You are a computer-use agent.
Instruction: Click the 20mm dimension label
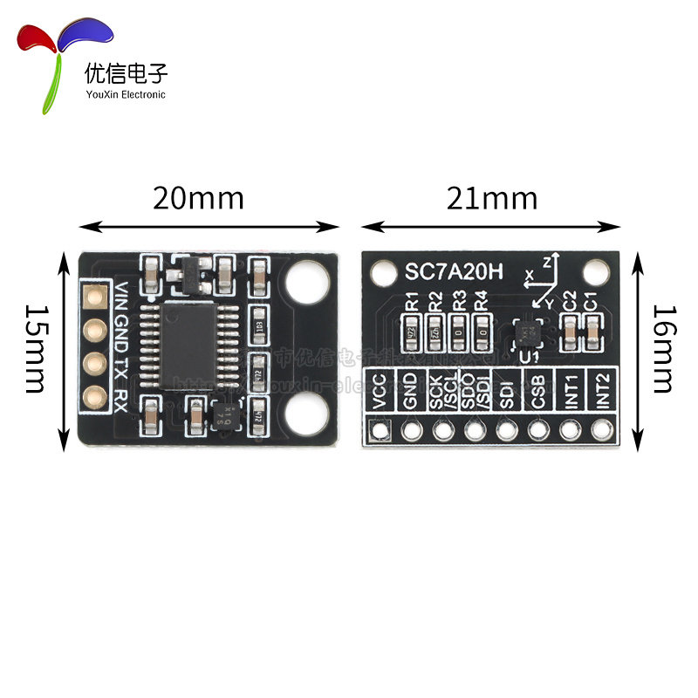point(198,198)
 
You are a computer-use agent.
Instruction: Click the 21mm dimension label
point(492,198)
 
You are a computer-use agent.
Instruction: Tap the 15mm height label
point(34,348)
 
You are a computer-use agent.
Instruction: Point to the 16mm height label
point(663,348)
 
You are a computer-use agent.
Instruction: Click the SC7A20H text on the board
point(454,271)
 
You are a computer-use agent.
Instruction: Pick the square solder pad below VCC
point(379,430)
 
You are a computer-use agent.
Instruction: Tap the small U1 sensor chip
point(526,332)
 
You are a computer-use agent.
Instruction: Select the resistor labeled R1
point(412,331)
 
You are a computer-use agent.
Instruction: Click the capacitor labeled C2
point(570,330)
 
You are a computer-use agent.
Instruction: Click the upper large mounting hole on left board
point(307,282)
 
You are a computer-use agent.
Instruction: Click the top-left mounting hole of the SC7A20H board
point(381,273)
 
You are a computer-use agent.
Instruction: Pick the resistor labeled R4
point(481,331)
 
